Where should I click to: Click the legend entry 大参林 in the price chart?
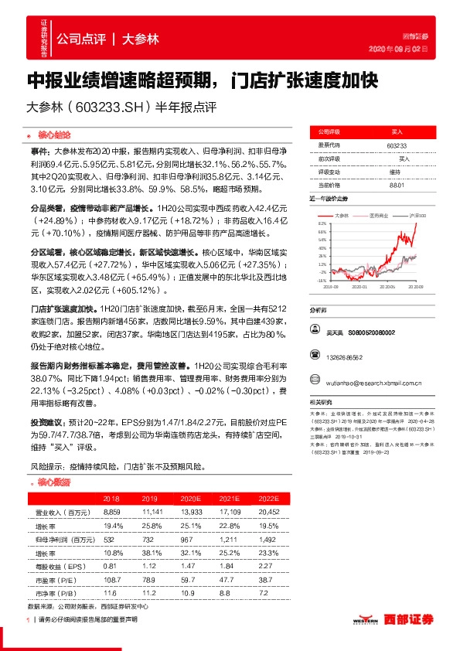pyautogui.click(x=345, y=215)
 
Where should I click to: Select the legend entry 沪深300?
pyautogui.click(x=417, y=215)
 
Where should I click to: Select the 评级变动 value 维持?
pyautogui.click(x=395, y=172)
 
